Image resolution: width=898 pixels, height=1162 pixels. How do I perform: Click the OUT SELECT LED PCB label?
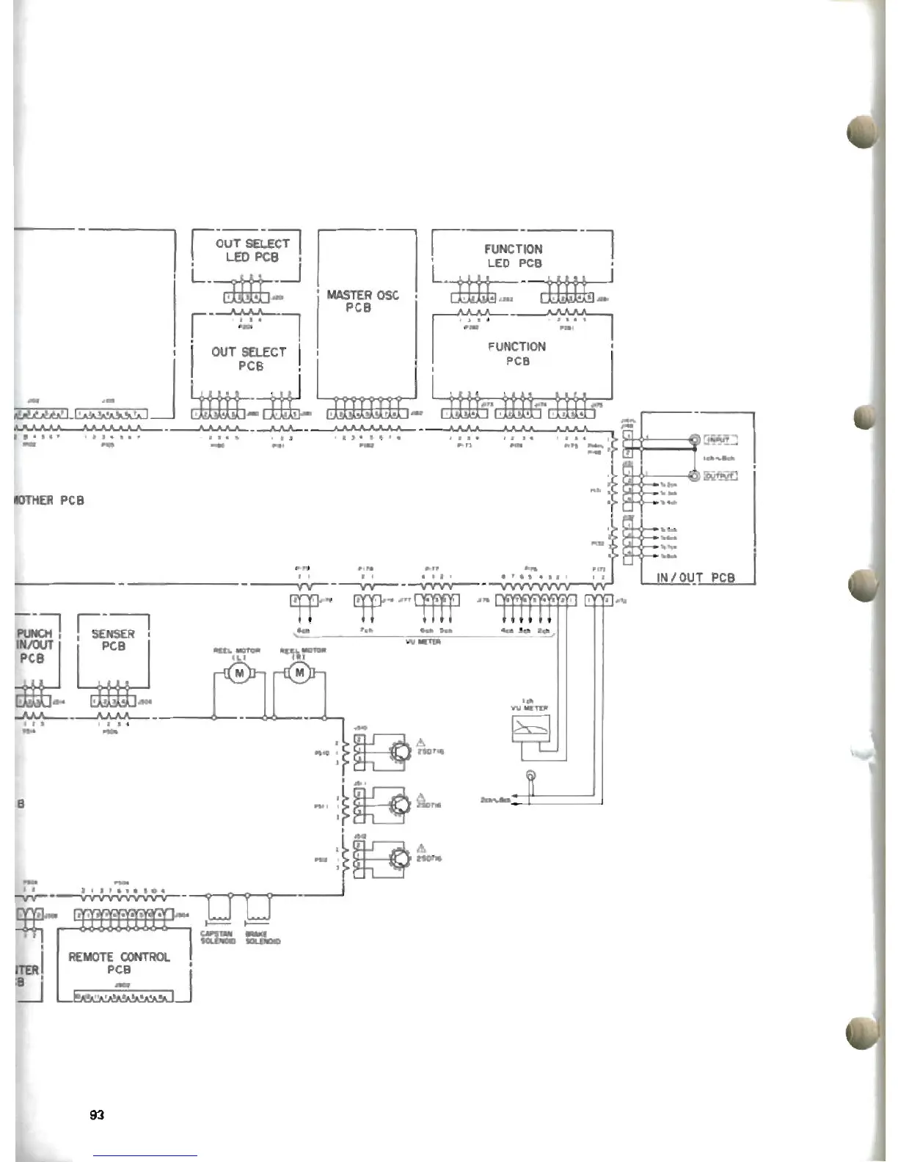tap(252, 250)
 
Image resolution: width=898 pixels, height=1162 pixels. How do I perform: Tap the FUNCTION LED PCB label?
tap(514, 256)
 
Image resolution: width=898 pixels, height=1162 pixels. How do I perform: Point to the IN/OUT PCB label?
tap(696, 577)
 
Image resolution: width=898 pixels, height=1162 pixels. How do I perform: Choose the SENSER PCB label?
tap(113, 640)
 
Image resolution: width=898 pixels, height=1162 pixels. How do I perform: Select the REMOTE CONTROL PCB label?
tap(119, 962)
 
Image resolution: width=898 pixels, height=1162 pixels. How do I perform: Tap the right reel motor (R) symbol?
tap(299, 673)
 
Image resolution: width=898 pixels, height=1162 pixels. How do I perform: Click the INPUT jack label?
tap(720, 440)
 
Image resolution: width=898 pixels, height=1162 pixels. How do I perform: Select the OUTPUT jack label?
tap(720, 475)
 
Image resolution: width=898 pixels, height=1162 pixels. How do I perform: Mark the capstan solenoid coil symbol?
tap(218, 910)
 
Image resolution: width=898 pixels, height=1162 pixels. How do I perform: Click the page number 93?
tap(97, 1115)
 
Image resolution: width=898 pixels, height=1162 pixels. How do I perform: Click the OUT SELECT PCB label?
tap(249, 359)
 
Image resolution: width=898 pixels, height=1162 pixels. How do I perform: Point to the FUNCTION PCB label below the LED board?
tap(517, 354)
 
